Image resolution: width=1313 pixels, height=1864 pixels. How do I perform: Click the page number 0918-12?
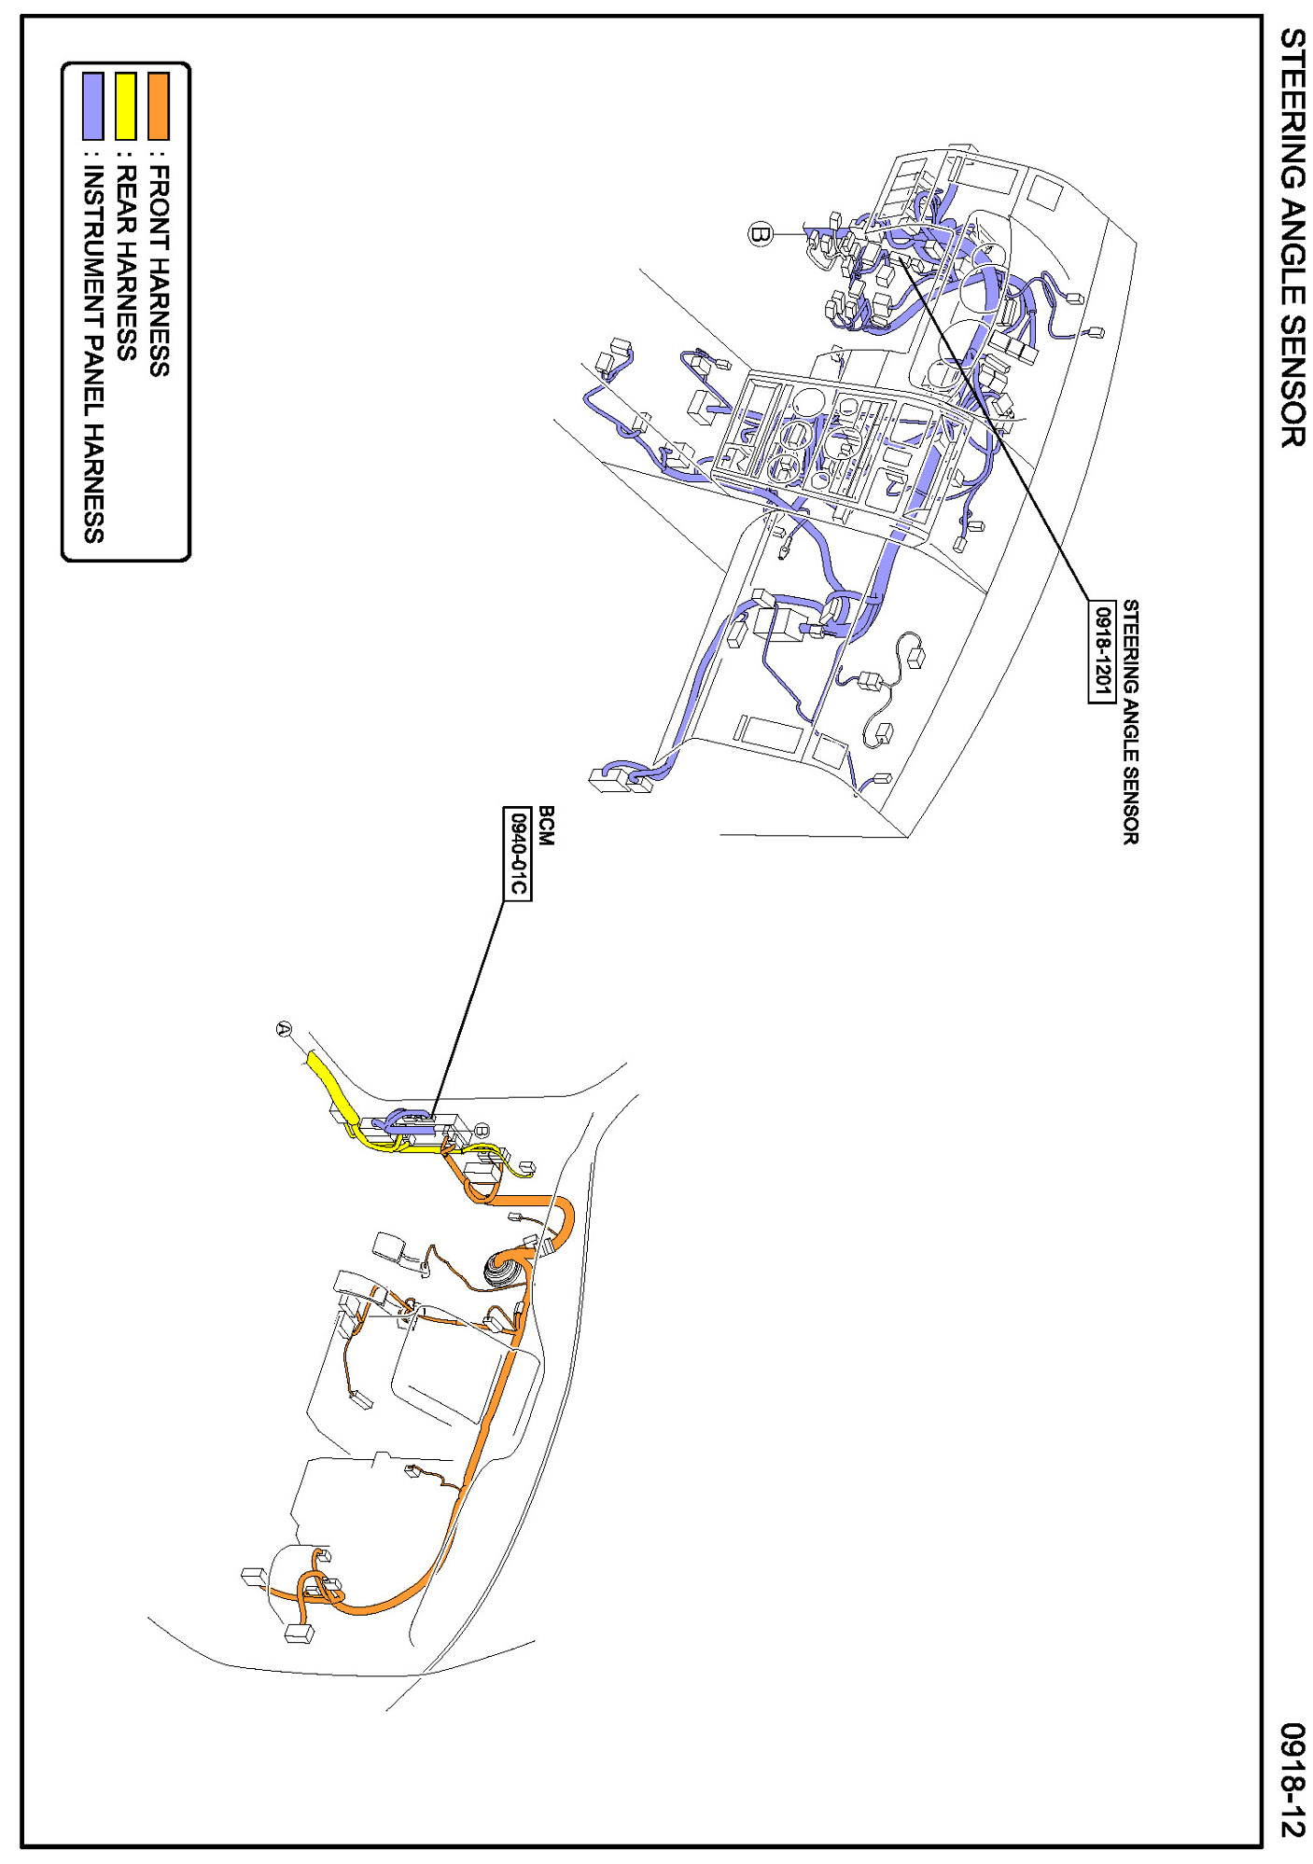1292,1779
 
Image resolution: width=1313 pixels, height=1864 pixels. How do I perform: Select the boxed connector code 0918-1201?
1102,650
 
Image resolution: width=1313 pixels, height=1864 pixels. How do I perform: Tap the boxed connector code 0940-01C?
517,854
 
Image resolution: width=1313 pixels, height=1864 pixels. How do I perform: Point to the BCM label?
547,826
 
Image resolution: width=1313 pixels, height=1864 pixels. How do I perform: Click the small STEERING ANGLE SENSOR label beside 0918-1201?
1130,721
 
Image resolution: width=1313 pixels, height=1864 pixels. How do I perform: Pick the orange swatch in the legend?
159,105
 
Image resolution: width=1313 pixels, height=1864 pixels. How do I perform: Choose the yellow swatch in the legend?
125,105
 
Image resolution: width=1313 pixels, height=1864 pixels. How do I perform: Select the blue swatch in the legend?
92,105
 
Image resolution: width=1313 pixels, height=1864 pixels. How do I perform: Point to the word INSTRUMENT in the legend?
93,245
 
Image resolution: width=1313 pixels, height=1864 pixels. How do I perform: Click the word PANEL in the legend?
93,372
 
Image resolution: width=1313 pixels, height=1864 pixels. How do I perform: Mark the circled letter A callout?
285,1029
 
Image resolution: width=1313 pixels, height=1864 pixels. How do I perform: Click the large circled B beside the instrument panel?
761,233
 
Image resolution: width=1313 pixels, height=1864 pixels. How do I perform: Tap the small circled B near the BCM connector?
482,1130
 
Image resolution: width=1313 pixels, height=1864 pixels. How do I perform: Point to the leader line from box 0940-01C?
467,1008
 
